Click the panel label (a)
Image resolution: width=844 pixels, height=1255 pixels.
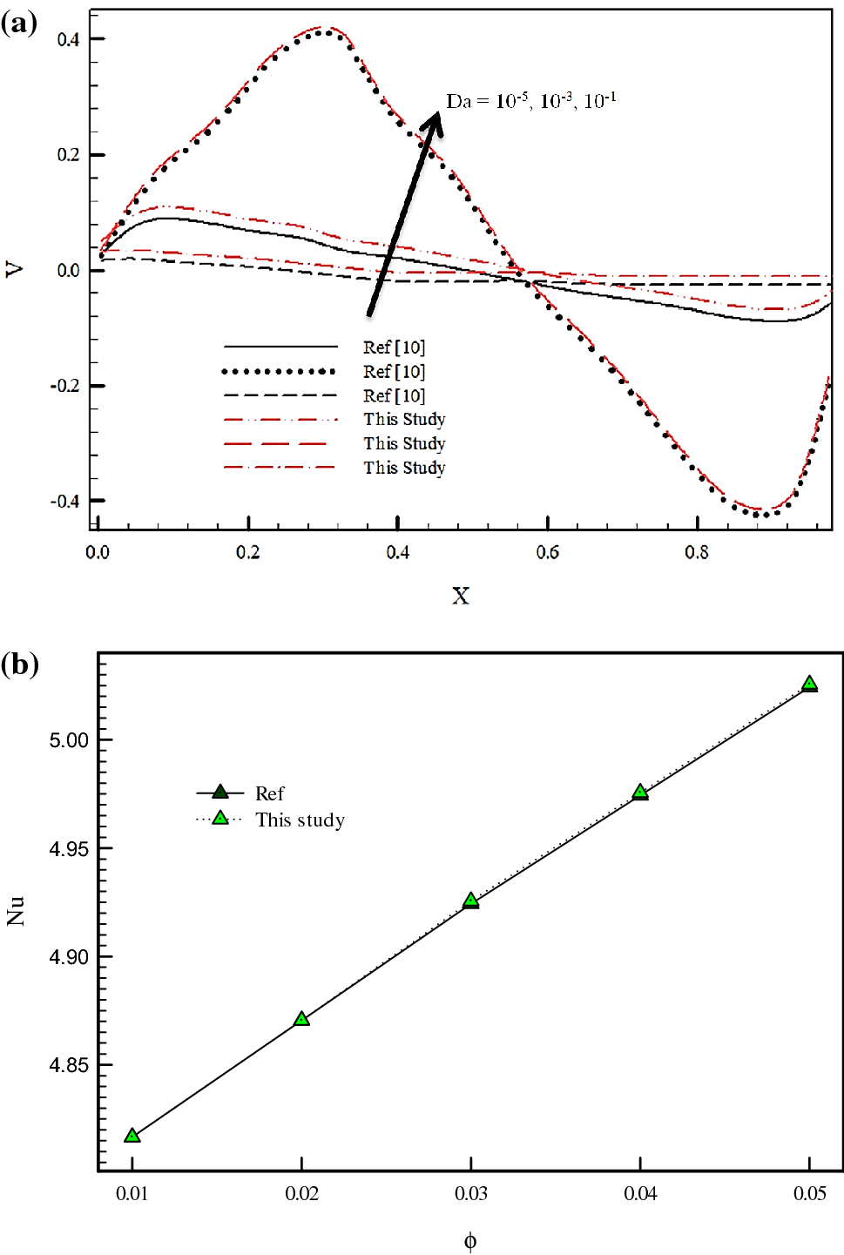tap(19, 23)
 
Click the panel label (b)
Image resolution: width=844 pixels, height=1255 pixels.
tap(19, 665)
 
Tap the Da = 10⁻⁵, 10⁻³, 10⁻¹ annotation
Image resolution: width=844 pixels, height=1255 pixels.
tap(530, 101)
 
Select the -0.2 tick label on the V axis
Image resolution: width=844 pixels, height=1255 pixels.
tap(65, 386)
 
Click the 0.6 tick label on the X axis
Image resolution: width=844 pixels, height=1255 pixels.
tap(548, 552)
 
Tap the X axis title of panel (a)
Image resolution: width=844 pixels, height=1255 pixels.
tap(460, 596)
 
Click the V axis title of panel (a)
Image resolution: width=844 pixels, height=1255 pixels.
tap(15, 270)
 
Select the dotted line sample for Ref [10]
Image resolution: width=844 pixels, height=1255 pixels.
tap(279, 372)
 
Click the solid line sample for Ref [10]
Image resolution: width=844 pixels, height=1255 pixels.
tap(279, 347)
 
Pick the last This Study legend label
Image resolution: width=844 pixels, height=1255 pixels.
tap(404, 468)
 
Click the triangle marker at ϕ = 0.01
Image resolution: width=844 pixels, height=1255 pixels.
tap(132, 1136)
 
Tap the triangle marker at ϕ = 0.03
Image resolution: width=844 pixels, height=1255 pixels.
tap(471, 901)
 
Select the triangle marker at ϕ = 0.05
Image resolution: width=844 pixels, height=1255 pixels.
tap(810, 684)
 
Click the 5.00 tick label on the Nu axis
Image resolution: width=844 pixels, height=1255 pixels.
tap(69, 740)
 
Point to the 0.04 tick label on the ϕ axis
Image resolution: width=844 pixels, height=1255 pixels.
tap(640, 1193)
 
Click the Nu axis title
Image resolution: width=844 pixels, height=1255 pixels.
tap(15, 910)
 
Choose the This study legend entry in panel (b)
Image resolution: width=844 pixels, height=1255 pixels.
tap(300, 820)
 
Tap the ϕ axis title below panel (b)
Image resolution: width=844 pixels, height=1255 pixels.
tap(470, 1241)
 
